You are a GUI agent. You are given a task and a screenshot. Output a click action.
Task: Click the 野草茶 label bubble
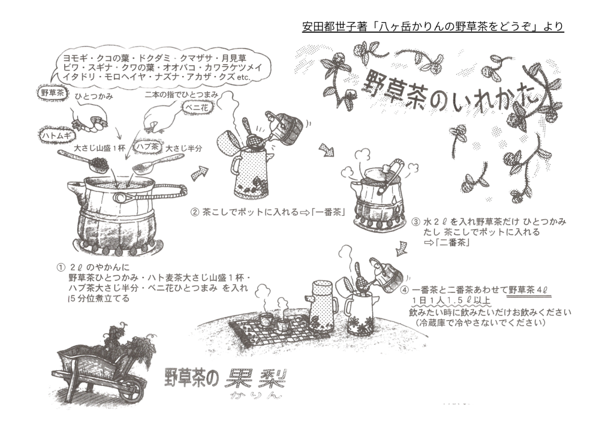coord(52,93)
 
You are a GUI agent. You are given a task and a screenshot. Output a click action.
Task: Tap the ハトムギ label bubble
coord(56,135)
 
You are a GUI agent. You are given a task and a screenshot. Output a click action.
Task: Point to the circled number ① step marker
coord(61,268)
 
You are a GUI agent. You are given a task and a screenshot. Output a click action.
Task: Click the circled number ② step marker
coord(194,212)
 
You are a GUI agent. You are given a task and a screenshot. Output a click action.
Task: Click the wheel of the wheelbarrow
coord(130,388)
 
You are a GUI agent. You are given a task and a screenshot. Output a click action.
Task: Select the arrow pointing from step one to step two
coord(199,173)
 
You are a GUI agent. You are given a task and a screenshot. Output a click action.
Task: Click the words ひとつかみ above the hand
coord(94,96)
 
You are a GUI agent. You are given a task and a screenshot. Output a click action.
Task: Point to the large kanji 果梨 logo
coord(255,378)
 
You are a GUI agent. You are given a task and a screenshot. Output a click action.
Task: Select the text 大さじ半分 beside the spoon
coord(184,148)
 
